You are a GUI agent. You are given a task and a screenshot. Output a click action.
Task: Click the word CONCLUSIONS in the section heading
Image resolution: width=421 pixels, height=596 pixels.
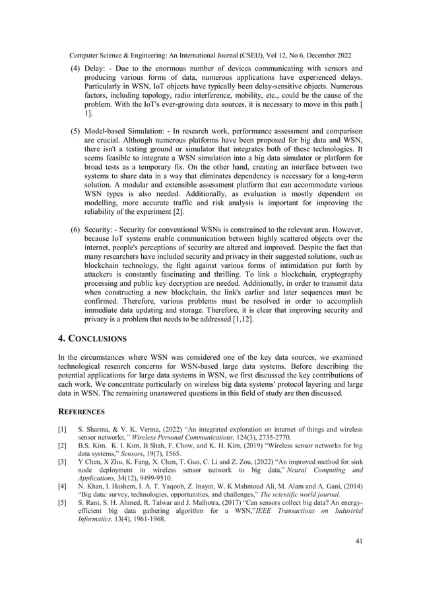(98, 339)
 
